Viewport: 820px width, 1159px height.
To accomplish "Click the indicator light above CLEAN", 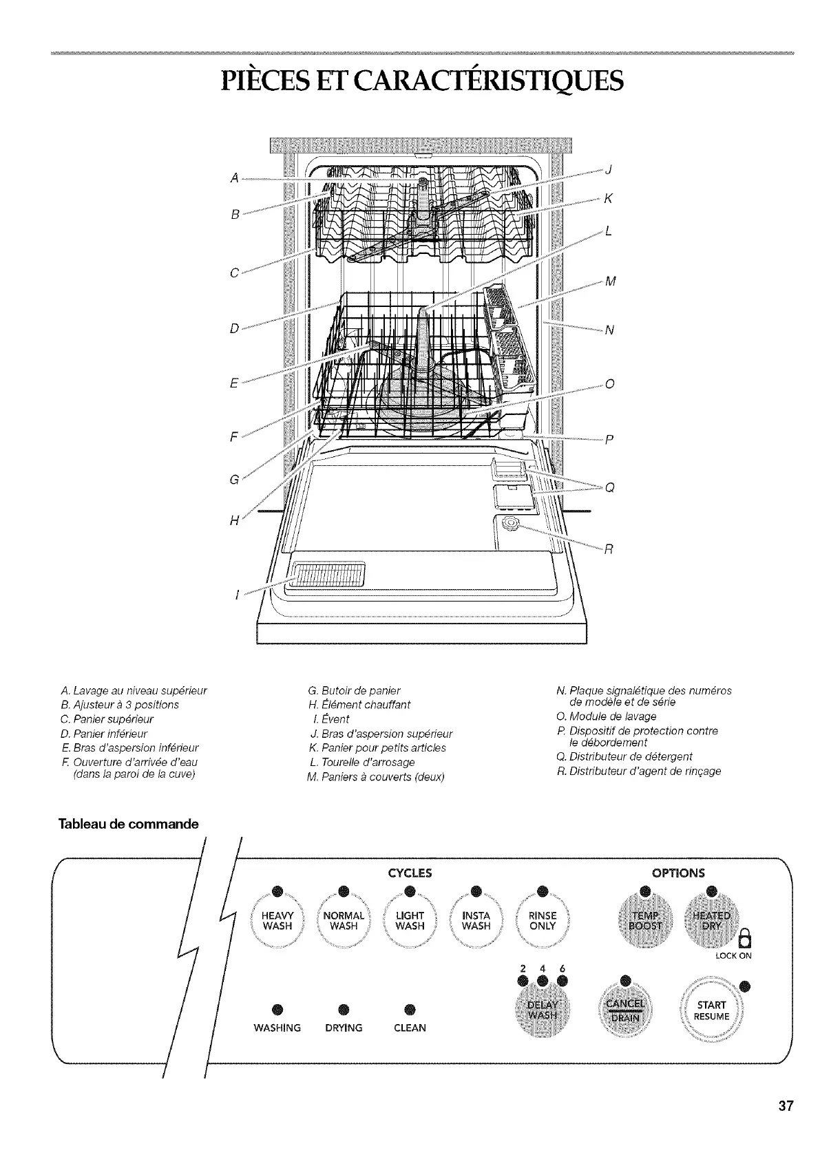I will tap(410, 1009).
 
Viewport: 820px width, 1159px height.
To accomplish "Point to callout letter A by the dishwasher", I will tap(235, 178).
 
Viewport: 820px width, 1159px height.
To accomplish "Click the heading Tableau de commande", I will tap(129, 824).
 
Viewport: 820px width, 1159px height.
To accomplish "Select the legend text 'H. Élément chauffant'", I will tap(359, 704).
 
